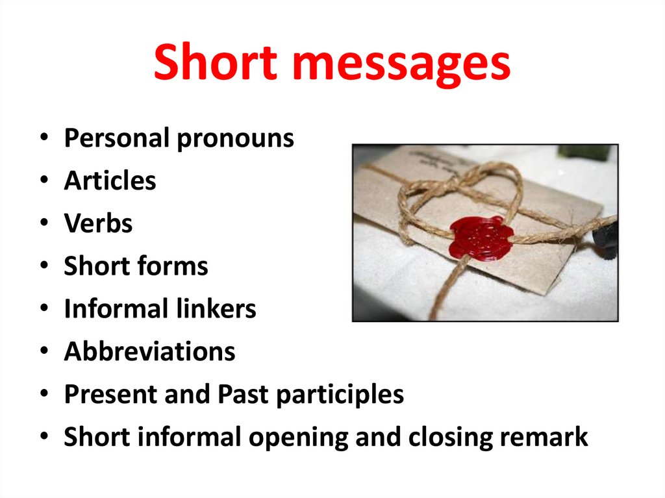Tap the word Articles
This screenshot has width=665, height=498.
(110, 181)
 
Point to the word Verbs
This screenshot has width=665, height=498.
(98, 223)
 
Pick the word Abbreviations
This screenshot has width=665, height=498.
(149, 352)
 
